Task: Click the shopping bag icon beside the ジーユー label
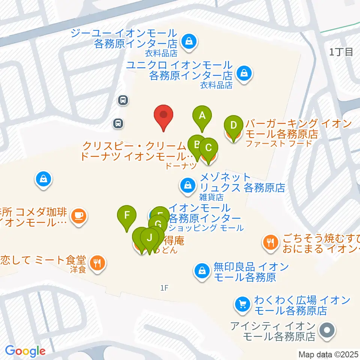(187, 41)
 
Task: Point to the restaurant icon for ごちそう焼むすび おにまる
(270, 242)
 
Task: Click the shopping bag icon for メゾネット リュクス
(187, 185)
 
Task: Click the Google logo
(25, 351)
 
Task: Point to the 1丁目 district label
(341, 52)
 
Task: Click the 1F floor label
(164, 288)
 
